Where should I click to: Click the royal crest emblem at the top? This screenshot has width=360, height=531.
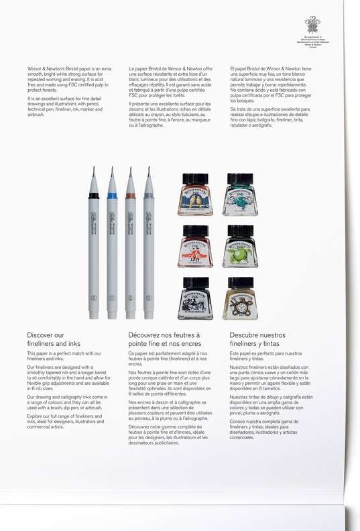tap(312, 25)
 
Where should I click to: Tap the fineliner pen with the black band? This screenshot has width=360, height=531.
tap(94, 248)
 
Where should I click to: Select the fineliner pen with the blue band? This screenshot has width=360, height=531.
tap(112, 248)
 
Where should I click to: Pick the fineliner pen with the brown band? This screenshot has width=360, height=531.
tap(130, 248)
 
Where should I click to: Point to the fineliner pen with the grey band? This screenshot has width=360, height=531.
tap(148, 248)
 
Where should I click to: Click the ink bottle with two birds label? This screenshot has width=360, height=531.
tap(195, 195)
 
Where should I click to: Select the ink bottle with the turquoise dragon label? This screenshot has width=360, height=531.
tap(239, 195)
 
